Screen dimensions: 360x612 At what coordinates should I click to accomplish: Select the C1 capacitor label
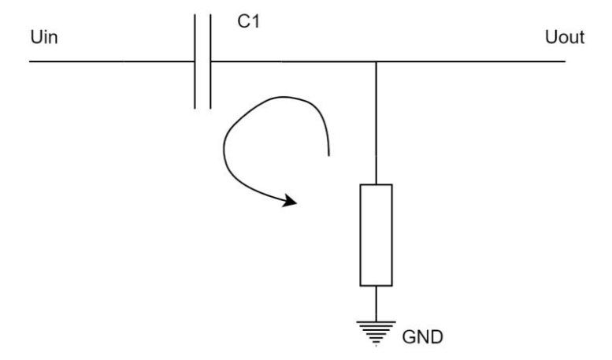coord(249,23)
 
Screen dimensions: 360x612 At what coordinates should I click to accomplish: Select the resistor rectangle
coord(376,235)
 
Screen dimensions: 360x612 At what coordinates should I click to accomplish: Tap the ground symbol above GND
coord(376,332)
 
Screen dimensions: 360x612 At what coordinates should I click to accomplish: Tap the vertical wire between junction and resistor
coord(376,122)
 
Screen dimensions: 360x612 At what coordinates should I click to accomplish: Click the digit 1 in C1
coord(254,23)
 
